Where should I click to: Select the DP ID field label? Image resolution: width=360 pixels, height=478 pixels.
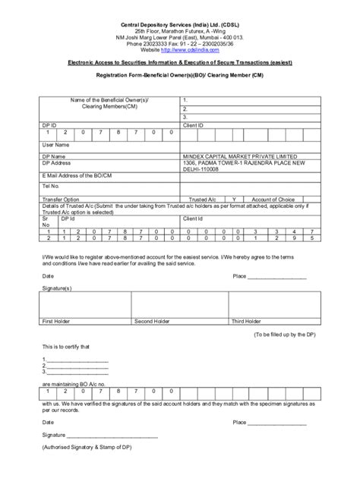click(x=49, y=124)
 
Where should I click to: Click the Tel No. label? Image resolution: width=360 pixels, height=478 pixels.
click(x=51, y=185)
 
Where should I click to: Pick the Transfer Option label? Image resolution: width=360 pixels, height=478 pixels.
click(x=61, y=198)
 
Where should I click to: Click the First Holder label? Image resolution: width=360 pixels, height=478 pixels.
click(x=57, y=322)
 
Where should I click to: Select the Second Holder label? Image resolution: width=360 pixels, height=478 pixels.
click(x=152, y=322)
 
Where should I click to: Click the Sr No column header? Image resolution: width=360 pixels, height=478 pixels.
click(x=45, y=222)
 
